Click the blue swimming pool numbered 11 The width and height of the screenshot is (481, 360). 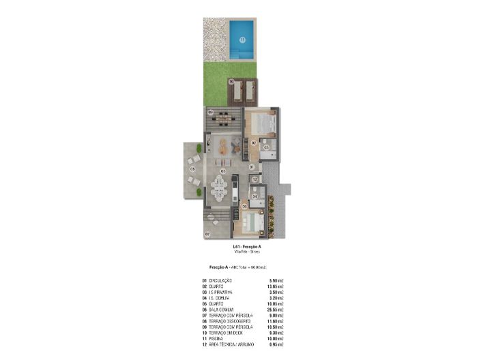click(242, 40)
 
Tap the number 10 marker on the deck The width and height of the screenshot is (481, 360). click(232, 82)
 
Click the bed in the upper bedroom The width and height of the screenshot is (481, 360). click(262, 124)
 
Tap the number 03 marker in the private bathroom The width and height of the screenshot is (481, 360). click(266, 147)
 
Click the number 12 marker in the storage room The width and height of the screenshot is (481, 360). click(254, 180)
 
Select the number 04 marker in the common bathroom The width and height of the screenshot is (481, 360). click(254, 196)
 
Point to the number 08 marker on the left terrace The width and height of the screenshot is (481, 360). click(192, 168)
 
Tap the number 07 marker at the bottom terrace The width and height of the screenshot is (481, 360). click(207, 233)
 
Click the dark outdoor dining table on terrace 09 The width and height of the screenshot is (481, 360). click(222, 120)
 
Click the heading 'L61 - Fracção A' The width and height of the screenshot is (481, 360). click(247, 246)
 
